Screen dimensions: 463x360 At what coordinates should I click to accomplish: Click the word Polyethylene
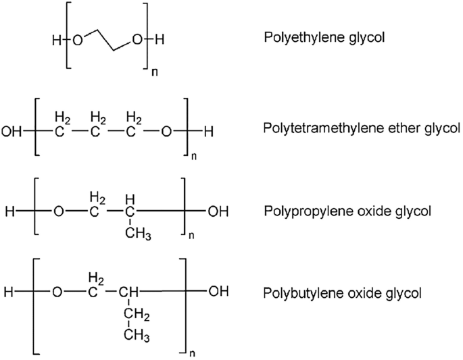coord(304,38)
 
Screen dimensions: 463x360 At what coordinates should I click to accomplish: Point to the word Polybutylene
coord(302,294)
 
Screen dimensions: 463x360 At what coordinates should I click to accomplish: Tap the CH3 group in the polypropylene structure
coord(138,234)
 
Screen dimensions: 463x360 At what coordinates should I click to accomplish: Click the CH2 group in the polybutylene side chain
coord(137,315)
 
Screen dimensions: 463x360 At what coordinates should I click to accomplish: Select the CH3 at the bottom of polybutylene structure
coord(137,336)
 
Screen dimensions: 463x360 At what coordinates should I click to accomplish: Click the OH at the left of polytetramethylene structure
coord(11,132)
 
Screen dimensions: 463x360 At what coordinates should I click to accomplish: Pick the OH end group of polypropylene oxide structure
coord(218,211)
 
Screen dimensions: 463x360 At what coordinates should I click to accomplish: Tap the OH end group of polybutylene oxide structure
coord(218,291)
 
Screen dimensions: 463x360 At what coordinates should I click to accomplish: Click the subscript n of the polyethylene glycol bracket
coord(154,72)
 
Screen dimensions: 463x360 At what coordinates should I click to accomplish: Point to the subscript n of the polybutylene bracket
coord(192,353)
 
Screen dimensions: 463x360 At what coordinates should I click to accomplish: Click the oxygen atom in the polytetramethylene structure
coord(166,132)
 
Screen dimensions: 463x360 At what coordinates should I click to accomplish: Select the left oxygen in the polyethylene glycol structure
coord(77,40)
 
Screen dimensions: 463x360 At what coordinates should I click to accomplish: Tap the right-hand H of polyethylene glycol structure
coord(160,40)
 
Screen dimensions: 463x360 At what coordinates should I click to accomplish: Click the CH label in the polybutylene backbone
coord(128,292)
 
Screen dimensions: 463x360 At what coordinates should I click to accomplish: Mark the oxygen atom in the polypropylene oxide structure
coord(58,211)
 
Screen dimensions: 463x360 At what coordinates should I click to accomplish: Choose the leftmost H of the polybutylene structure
coord(9,292)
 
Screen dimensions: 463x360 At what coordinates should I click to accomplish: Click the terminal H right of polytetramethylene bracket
coord(208,132)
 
